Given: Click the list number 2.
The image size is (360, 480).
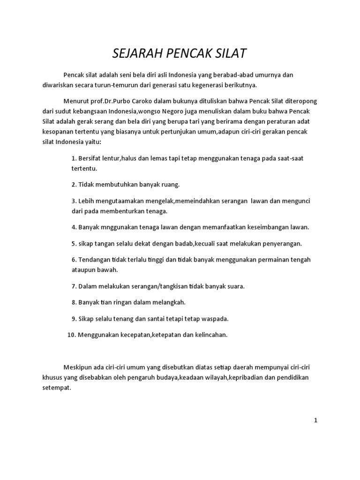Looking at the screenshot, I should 74,184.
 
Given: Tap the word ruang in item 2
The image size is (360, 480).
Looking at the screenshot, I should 170,184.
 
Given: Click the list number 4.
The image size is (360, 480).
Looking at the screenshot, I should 74,227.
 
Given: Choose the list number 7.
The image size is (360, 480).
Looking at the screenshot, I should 74,286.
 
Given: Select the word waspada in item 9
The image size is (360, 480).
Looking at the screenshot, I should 213,319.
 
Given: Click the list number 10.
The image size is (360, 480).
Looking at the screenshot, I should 71,335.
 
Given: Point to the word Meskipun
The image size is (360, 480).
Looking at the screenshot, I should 78,367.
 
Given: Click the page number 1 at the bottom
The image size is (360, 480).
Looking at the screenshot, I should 316,420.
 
